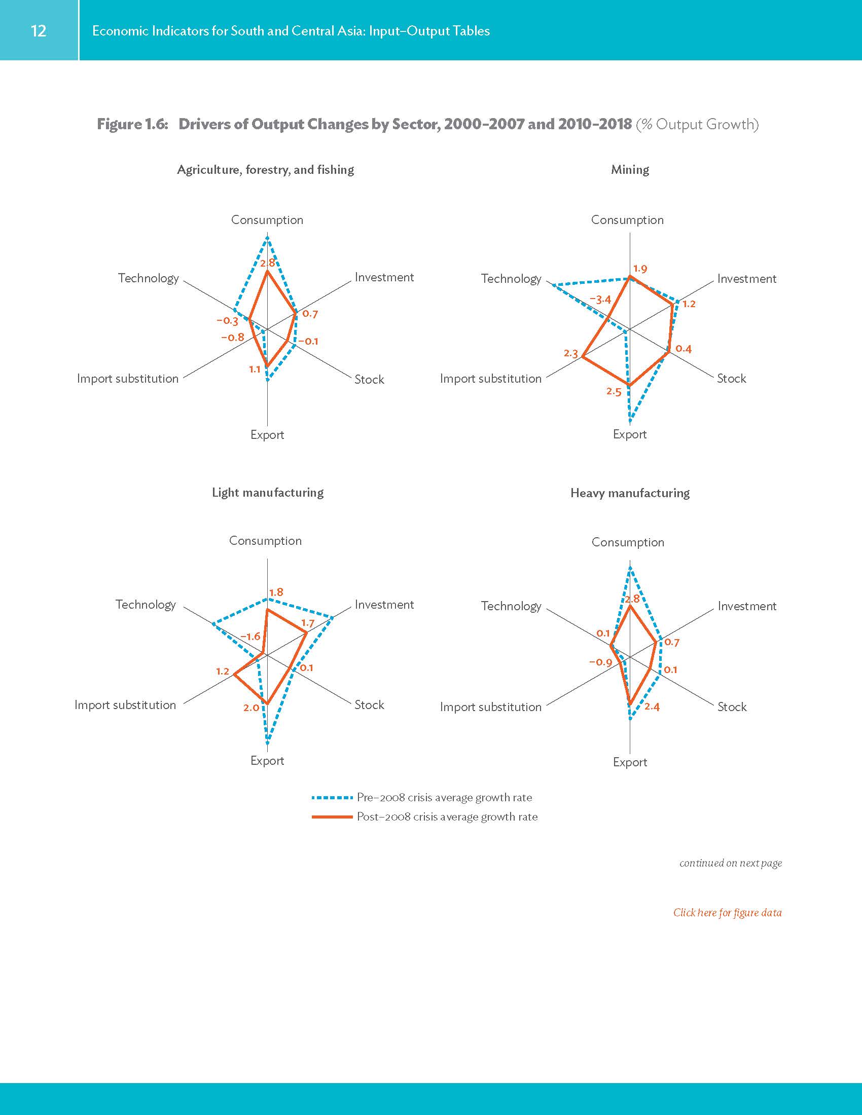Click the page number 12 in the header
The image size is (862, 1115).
click(39, 30)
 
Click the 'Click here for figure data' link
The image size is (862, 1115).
click(727, 912)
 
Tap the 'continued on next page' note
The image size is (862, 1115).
click(730, 863)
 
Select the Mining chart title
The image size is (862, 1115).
click(630, 169)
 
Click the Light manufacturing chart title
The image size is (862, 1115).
click(268, 492)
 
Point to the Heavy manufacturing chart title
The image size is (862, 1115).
click(630, 493)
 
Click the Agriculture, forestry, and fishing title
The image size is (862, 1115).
click(265, 169)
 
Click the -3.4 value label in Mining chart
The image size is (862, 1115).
click(600, 300)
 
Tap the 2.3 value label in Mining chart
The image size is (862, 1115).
click(571, 353)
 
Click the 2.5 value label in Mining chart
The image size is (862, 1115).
click(614, 392)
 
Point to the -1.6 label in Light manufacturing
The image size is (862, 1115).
click(250, 637)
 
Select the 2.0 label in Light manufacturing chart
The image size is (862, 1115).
click(250, 708)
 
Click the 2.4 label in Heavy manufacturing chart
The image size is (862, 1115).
click(652, 707)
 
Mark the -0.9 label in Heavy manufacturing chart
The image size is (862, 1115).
click(600, 662)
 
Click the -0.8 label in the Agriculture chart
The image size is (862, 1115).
click(232, 338)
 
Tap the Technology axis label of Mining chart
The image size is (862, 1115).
click(511, 279)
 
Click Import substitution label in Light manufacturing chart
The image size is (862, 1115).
click(125, 705)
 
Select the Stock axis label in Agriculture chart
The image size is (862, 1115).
click(369, 379)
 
